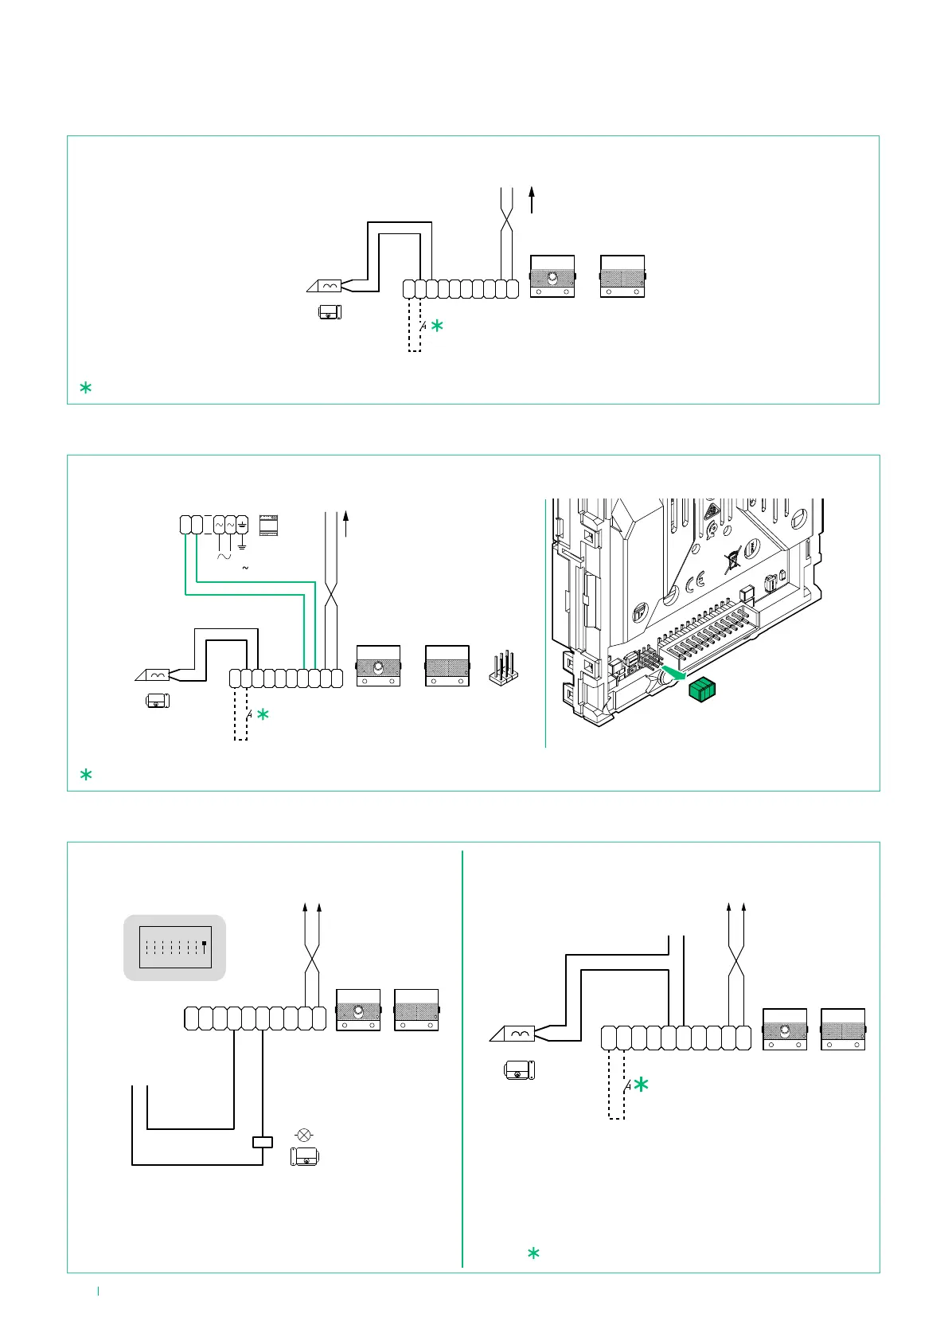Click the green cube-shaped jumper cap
701,690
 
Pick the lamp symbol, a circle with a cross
303,1135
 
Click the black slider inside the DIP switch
205,944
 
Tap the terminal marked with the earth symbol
242,525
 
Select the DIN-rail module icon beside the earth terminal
268,526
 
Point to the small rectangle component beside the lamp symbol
262,1142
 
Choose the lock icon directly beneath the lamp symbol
304,1157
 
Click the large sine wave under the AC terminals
224,557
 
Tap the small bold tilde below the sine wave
245,568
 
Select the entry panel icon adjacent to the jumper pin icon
447,666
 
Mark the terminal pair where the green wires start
191,525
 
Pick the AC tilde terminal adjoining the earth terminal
231,525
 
